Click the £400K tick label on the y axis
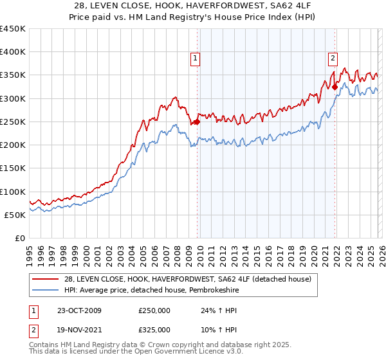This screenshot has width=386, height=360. [13, 52]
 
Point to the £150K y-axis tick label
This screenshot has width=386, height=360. [13, 168]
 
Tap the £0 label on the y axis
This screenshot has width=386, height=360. [20, 239]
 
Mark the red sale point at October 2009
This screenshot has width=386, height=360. [198, 122]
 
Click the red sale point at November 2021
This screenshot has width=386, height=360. [335, 87]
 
